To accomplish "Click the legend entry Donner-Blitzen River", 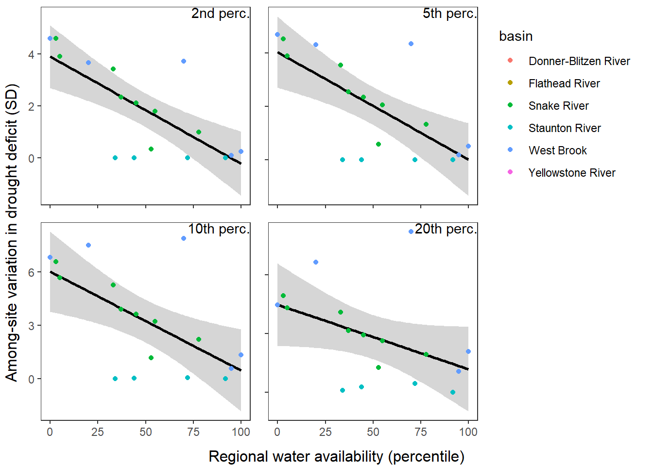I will pos(579,61).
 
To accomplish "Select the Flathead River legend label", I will pos(564,83).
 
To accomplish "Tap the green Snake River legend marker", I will pos(510,105).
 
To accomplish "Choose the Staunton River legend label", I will pos(565,128).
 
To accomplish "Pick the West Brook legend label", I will pos(557,150).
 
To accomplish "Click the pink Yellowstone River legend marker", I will pos(510,172).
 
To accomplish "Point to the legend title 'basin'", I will pos(516,36).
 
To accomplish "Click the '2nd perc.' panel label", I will pos(220,14).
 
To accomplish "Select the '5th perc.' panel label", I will pos(449,14).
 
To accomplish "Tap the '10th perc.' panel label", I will pos(219,229).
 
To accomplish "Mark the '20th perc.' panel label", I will pos(446,229).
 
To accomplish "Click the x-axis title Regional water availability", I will pos(336,456).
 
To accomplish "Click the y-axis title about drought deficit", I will pos(12,233).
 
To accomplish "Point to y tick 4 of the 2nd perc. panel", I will pos(31,54).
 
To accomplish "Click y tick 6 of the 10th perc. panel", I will pos(31,272).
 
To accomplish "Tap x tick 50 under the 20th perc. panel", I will pos(373,432).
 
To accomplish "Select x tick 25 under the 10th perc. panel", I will pos(98,432).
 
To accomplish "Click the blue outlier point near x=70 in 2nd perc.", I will pos(184,61).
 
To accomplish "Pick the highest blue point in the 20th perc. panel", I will pos(411,232).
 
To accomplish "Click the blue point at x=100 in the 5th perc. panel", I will pos(468,146).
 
